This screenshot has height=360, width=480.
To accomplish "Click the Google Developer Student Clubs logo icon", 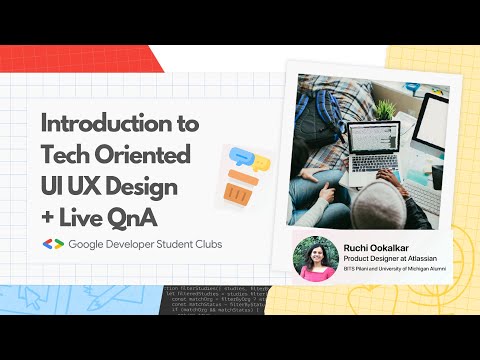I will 53,244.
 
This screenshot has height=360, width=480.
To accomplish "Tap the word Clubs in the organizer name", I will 206,244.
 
